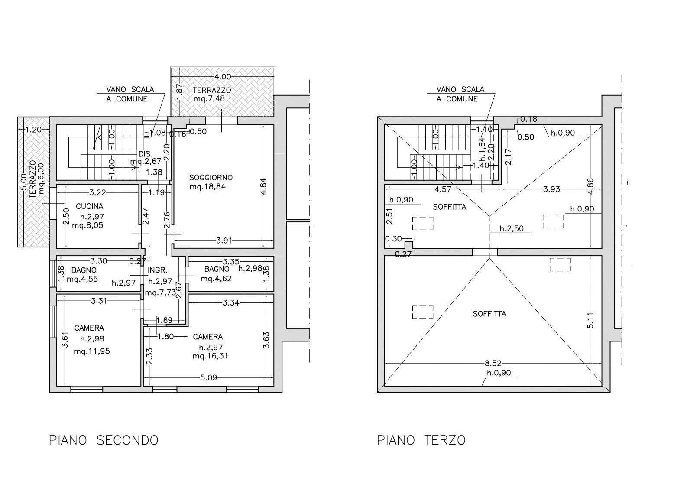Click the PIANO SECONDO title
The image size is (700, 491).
104,440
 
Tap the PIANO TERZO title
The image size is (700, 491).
421,440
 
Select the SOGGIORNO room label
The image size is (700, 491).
211,178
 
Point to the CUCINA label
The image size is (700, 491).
89,206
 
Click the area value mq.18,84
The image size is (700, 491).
207,187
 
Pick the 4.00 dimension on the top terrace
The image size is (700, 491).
223,77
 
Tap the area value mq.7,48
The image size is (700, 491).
209,98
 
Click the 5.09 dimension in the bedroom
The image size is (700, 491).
208,378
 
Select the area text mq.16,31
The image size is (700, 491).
211,356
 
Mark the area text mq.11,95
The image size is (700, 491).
92,351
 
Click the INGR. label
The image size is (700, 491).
158,270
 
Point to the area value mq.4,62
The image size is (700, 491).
216,278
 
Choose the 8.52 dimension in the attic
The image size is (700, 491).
493,363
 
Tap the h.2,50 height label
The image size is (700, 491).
512,229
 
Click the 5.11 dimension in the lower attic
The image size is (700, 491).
590,321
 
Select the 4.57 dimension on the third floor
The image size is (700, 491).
443,189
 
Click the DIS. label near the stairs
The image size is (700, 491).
145,154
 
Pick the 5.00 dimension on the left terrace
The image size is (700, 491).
23,182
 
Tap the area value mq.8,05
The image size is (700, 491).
87,225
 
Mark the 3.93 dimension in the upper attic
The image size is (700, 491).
551,189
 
